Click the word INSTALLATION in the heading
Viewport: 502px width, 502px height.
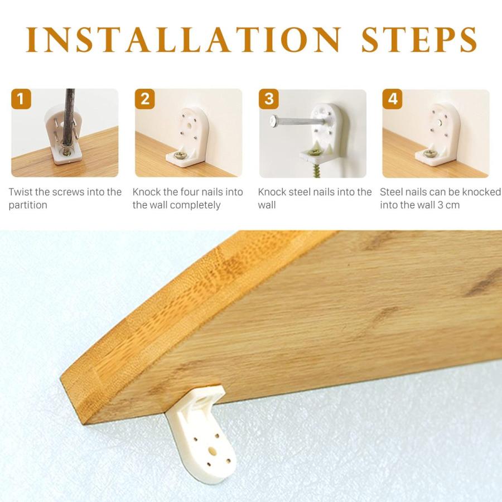(183, 40)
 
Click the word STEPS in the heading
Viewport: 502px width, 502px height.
(419, 40)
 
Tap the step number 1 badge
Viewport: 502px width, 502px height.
(21, 99)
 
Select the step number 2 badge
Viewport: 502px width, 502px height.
(144, 99)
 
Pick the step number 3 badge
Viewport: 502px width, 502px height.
(269, 99)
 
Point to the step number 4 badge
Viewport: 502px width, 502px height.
(393, 99)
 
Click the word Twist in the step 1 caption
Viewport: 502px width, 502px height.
(21, 192)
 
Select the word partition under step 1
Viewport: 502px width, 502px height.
(28, 205)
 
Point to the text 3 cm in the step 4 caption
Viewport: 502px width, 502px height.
(448, 205)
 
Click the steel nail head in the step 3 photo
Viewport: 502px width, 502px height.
(273, 120)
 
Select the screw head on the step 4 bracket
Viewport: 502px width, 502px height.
(429, 154)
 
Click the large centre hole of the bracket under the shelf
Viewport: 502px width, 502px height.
(212, 451)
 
